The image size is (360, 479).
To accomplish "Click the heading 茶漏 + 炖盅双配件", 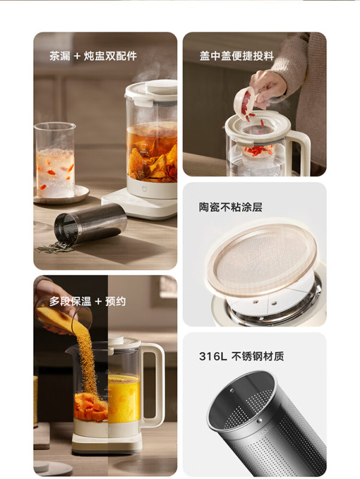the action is point(93,56).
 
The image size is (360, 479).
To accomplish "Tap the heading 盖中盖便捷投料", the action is point(236,56).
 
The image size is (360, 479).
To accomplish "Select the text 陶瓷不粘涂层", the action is point(230,207).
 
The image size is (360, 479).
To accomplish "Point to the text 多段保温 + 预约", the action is point(88,302).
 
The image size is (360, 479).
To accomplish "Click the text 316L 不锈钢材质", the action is point(241,356).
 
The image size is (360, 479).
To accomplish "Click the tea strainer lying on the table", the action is point(91,224).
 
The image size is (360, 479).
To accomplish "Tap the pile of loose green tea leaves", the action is point(55,247).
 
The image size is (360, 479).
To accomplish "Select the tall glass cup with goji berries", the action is point(55,160).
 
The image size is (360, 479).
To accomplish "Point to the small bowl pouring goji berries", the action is point(245,103).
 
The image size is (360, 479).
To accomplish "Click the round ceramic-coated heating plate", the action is point(262,260).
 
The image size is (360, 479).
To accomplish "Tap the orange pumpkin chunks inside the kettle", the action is point(91,406).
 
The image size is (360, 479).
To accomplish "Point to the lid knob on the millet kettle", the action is point(116,339).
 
